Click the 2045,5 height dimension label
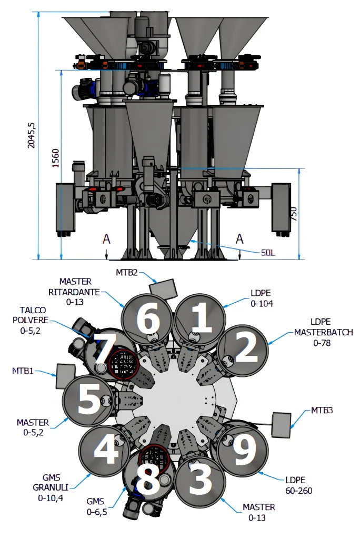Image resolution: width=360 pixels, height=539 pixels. pos(31,135)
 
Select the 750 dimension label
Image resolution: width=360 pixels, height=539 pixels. pos(293,214)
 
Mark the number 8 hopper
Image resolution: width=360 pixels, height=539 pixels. pos(147,478)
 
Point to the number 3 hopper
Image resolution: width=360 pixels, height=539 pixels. pos(200,481)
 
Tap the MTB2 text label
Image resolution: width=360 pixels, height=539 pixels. pos(127,272)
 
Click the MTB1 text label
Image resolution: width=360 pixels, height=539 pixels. pos(23,371)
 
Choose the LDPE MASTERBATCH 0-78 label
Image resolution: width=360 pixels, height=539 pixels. pos(323,332)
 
